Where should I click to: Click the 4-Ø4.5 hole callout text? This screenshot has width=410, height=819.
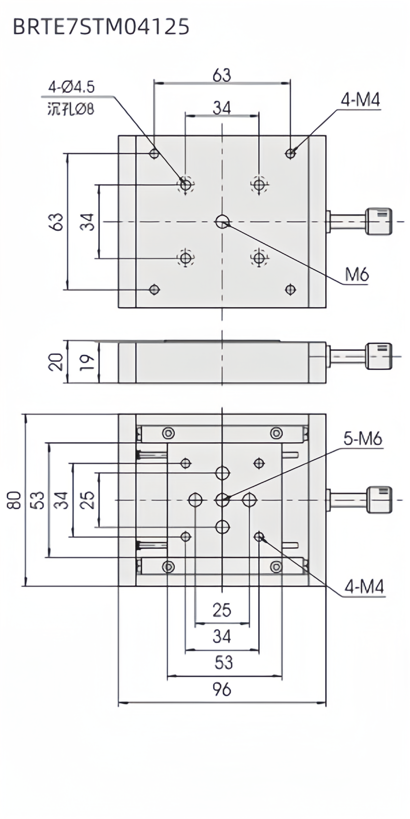(71, 87)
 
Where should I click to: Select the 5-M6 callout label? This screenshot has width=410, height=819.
(363, 439)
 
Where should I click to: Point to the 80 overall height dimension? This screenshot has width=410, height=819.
(14, 500)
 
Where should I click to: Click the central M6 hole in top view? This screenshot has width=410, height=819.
(222, 222)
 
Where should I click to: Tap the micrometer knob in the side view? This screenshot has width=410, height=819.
(379, 356)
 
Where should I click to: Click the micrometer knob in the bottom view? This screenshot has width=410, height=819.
(379, 500)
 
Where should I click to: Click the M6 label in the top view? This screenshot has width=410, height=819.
(357, 274)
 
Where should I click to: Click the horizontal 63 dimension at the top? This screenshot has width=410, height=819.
(222, 75)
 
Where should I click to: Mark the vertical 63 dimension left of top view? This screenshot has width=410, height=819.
(57, 222)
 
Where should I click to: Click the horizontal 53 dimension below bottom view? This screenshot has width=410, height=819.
(223, 662)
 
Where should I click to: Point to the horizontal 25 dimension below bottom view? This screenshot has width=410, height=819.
(222, 610)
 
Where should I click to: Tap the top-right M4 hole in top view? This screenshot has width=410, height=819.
(290, 154)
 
